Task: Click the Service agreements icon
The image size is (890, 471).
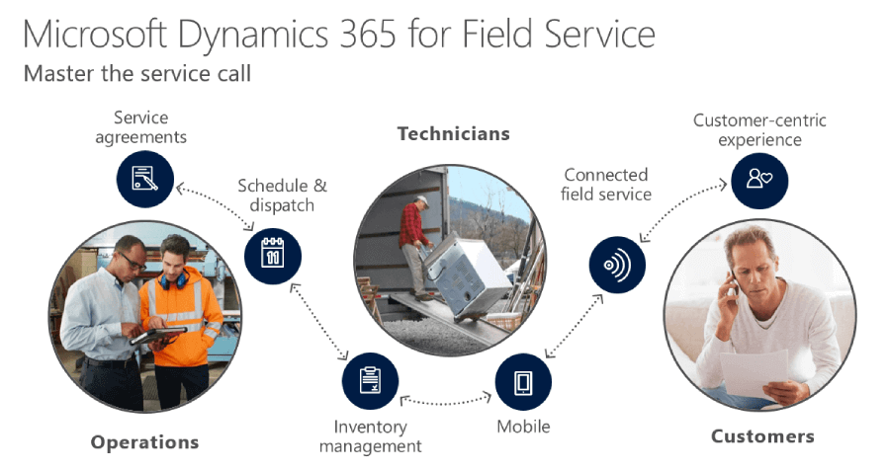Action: click(145, 179)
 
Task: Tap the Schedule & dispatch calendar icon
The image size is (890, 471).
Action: click(273, 256)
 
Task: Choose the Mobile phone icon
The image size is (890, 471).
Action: click(523, 382)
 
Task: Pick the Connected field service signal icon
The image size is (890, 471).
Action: click(616, 266)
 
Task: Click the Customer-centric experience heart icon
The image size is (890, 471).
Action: click(759, 179)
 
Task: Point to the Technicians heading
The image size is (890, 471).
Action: click(453, 133)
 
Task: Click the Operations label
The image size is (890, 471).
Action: click(144, 442)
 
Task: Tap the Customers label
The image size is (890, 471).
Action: click(762, 435)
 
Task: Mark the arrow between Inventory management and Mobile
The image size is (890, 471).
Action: click(446, 399)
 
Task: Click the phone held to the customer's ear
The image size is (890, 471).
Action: click(733, 284)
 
